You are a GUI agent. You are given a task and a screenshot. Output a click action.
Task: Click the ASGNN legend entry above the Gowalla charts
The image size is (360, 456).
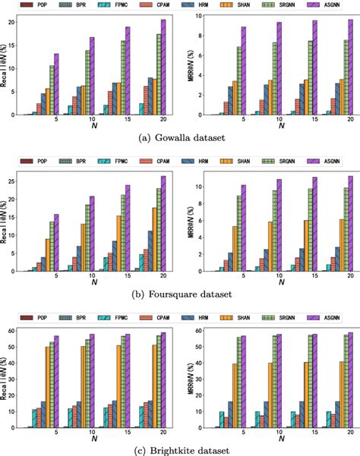click(335, 5)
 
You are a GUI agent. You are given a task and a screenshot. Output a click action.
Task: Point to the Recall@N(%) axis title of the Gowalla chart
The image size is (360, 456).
click(6, 64)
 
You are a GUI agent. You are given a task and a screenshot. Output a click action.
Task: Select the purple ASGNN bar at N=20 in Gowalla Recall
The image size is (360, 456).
click(163, 68)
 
